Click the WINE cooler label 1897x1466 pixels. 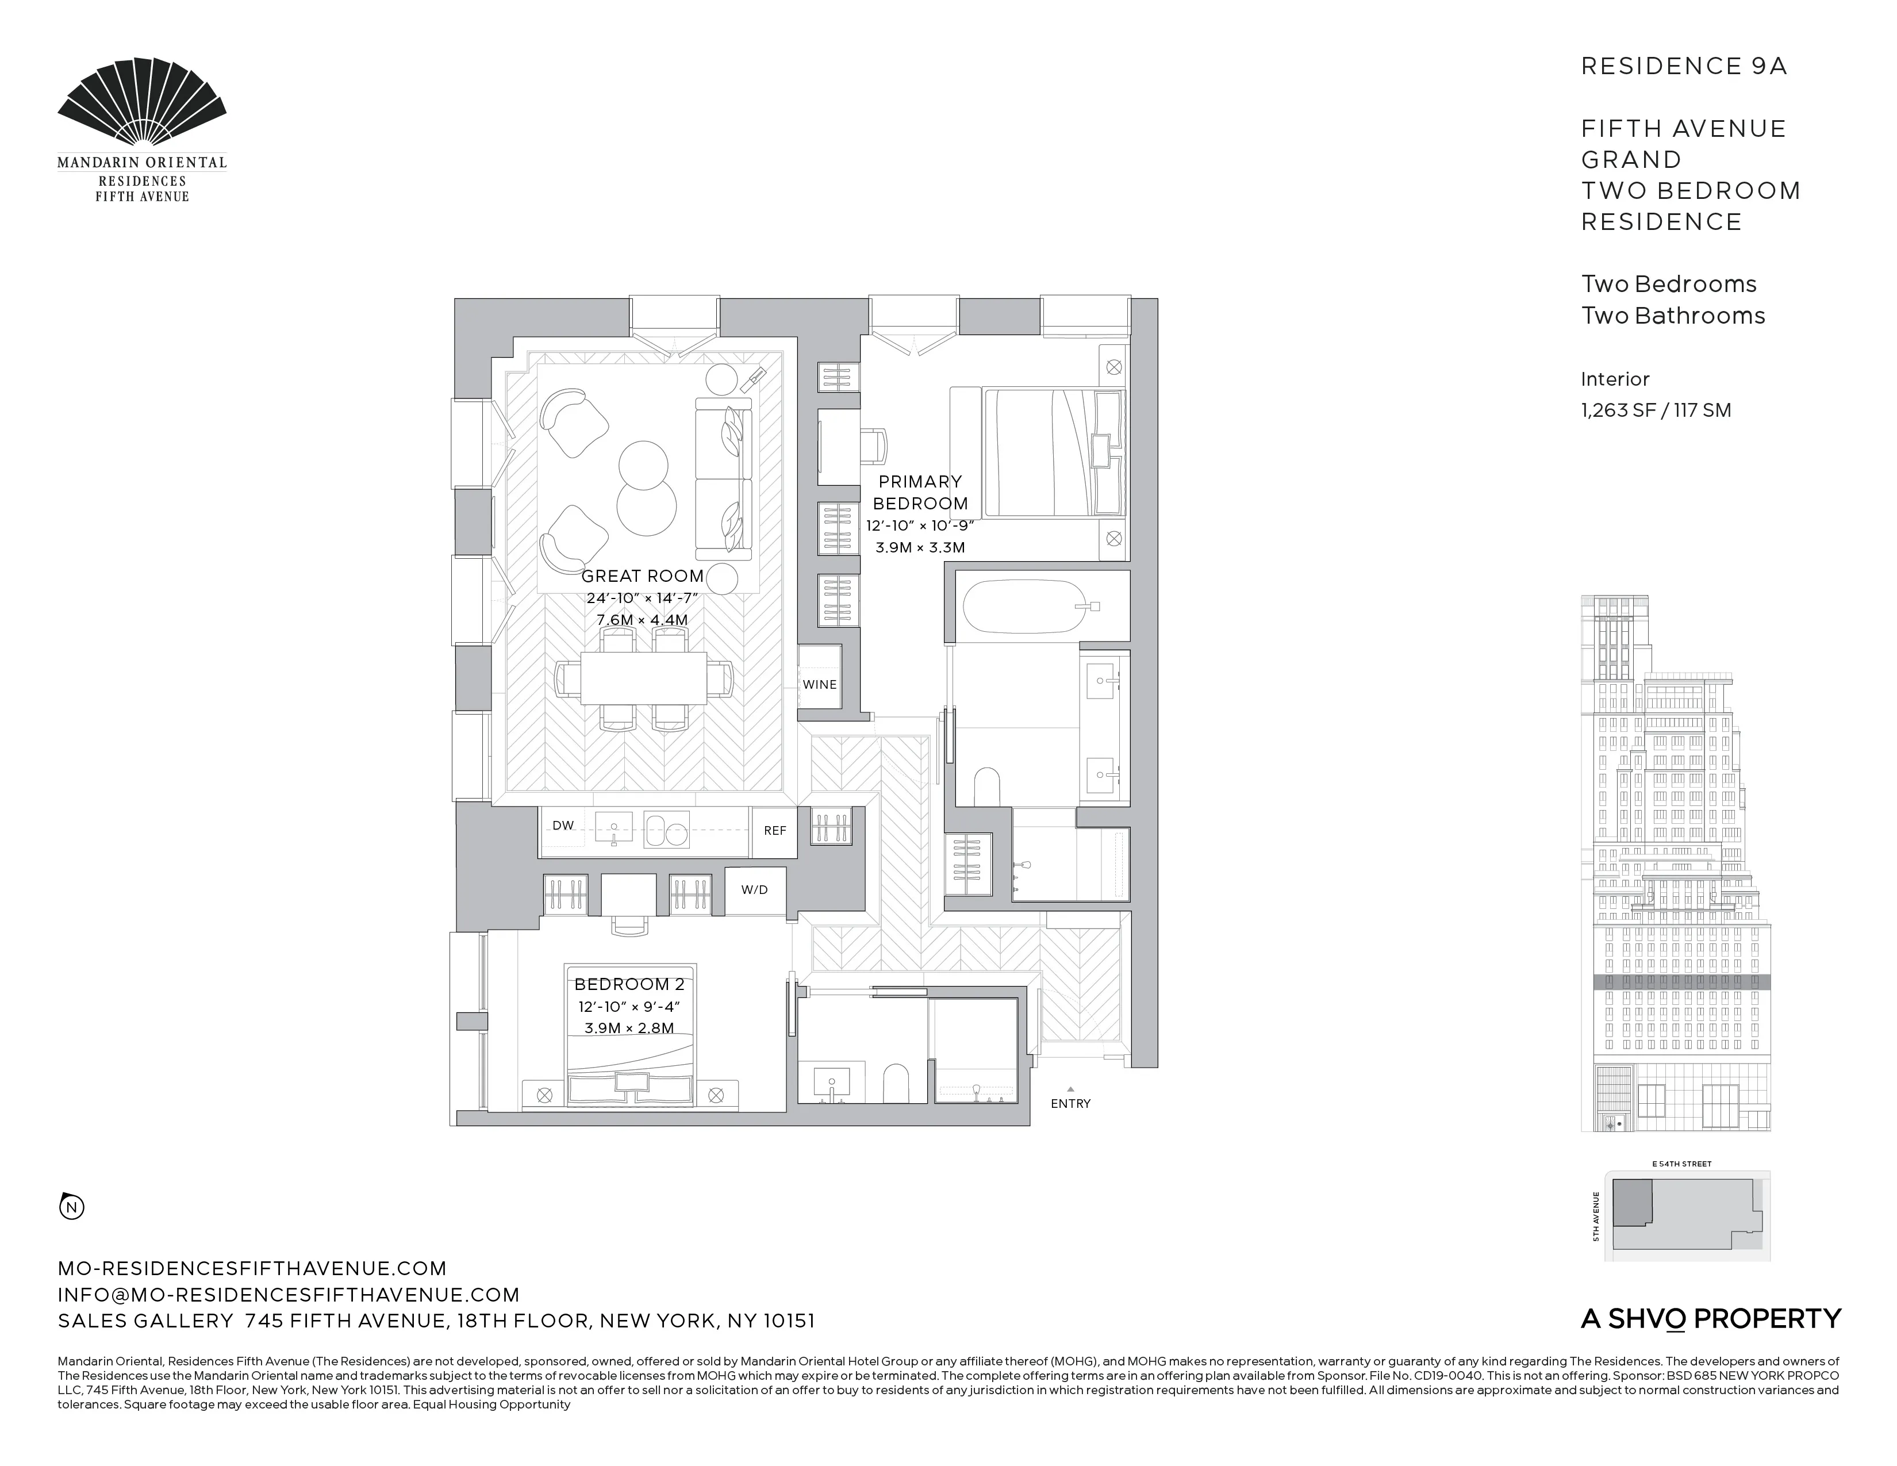click(x=819, y=684)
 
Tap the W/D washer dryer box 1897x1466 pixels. click(x=754, y=890)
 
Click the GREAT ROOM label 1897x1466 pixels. click(x=642, y=576)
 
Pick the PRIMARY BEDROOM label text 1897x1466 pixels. click(x=920, y=493)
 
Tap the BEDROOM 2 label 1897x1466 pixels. click(x=629, y=984)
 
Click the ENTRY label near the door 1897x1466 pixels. click(x=1070, y=1104)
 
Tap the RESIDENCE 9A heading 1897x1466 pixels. click(x=1683, y=67)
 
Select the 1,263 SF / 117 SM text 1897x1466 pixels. click(x=1656, y=410)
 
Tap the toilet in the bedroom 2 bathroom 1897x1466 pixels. click(x=894, y=1085)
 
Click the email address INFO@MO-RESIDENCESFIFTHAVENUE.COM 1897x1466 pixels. click(x=289, y=1295)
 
